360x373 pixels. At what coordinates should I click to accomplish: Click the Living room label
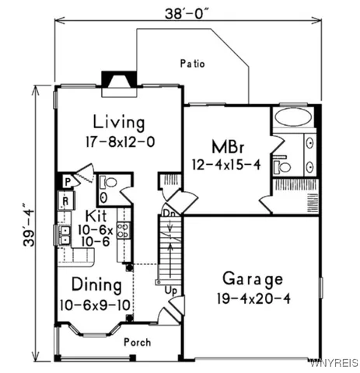click(x=118, y=123)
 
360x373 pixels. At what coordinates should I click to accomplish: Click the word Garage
click(x=253, y=279)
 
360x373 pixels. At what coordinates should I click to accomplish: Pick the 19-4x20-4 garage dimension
click(x=253, y=298)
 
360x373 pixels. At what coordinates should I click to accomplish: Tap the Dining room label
click(x=97, y=284)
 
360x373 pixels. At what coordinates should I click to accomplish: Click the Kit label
click(x=96, y=215)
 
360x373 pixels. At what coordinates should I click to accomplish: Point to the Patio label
click(x=191, y=64)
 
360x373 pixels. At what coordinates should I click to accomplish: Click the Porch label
click(x=137, y=341)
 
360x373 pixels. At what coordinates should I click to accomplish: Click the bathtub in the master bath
click(x=292, y=119)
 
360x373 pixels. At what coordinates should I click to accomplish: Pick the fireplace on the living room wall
click(x=118, y=82)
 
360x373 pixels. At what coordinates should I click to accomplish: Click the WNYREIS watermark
click(x=334, y=363)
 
